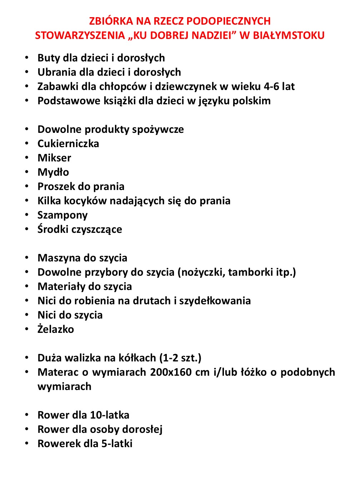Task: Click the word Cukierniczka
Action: click(68, 144)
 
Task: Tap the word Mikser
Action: click(54, 158)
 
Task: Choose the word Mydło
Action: click(53, 172)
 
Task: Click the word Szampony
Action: click(62, 215)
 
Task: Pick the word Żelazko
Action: click(56, 329)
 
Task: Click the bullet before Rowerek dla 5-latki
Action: click(27, 443)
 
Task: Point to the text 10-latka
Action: click(110, 415)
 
